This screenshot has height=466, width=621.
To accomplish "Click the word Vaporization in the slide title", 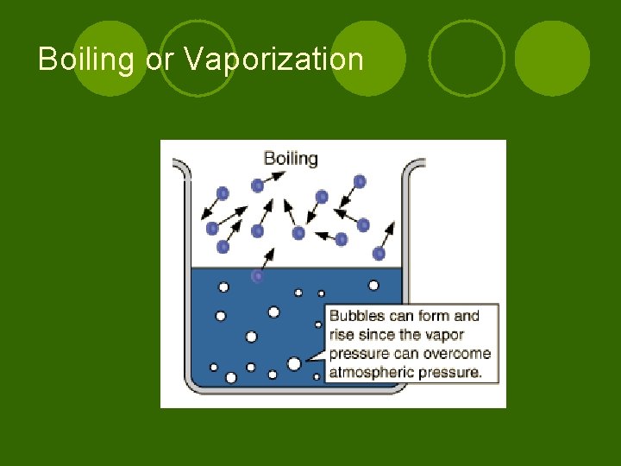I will (274, 60).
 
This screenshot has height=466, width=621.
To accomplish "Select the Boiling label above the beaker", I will (291, 159).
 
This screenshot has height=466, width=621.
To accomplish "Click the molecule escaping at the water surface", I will (257, 276).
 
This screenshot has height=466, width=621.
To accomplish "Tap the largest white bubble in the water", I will (294, 364).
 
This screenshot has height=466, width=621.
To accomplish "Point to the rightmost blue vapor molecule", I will (379, 253).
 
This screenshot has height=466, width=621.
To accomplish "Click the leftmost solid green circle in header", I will (110, 58).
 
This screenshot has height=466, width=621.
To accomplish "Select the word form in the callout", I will (436, 316).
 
